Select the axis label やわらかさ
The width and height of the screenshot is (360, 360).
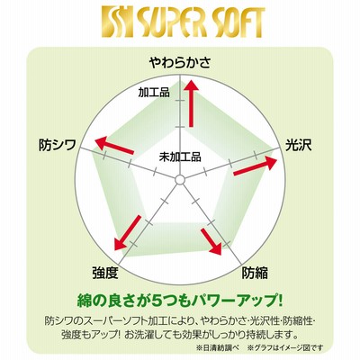coord(180,62)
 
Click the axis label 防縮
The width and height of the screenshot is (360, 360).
coord(255,273)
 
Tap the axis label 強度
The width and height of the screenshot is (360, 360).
coord(105,273)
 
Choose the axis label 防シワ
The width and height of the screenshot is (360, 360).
coord(58,145)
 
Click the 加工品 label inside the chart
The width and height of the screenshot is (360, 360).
coord(154,93)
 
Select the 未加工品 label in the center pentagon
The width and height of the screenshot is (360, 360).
coord(180,157)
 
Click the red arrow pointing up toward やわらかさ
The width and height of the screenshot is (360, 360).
coord(191,103)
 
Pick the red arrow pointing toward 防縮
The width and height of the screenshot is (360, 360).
coord(211,241)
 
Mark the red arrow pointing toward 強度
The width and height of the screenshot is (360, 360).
coord(128,232)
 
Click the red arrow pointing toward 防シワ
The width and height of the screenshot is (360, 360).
coord(114,145)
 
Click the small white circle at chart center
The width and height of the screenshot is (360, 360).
coord(180,180)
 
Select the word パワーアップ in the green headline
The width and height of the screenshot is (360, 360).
coord(240,301)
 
